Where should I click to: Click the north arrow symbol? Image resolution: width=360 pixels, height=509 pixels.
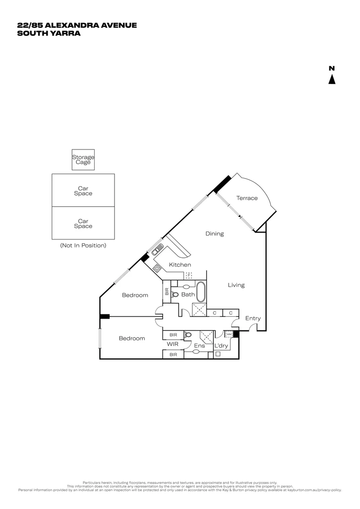(332, 79)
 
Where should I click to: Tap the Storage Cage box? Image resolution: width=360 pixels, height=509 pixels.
(83, 160)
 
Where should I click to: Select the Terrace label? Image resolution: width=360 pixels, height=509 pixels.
(247, 198)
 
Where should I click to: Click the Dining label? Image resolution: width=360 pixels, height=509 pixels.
(214, 234)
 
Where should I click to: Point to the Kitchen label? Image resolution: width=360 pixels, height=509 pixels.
(180, 265)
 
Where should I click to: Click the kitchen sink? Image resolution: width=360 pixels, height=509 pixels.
(157, 248)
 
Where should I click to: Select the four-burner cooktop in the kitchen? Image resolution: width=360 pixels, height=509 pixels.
(157, 268)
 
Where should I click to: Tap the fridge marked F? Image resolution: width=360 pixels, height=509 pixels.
(188, 275)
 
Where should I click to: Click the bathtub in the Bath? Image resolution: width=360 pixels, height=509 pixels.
(201, 292)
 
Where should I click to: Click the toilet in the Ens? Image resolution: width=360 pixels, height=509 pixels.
(188, 335)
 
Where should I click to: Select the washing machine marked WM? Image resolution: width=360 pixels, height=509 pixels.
(229, 334)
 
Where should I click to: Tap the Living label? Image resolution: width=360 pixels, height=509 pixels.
(236, 285)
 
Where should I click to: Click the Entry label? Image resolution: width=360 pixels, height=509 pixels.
(253, 319)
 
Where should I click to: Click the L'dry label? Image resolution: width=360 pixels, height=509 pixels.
(221, 346)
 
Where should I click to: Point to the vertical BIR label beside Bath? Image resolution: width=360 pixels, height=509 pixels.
(166, 292)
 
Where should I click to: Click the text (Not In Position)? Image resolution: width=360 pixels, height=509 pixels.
(83, 246)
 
